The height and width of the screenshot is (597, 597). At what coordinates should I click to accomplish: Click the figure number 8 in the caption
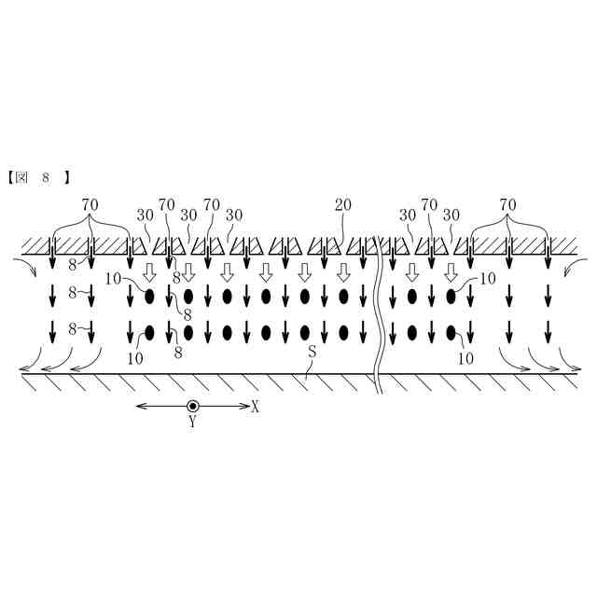coord(44,174)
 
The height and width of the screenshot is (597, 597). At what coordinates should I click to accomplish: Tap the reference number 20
coord(344,204)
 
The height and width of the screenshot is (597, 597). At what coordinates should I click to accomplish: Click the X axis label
coord(256,407)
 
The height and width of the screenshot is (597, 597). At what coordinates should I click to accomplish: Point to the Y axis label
coord(193,422)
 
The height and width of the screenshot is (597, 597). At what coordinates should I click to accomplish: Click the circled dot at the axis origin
coord(193,406)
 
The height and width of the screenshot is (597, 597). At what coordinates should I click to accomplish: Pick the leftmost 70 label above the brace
coord(90,203)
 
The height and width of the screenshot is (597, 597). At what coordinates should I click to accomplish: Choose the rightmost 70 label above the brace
coord(507,203)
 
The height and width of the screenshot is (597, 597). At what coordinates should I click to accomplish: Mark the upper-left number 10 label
coord(113,277)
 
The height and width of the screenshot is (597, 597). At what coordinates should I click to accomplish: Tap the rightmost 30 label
coord(451,214)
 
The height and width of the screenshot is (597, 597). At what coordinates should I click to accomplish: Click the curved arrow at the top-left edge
coord(27,270)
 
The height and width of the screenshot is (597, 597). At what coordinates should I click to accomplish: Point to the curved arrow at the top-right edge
coord(570,270)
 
